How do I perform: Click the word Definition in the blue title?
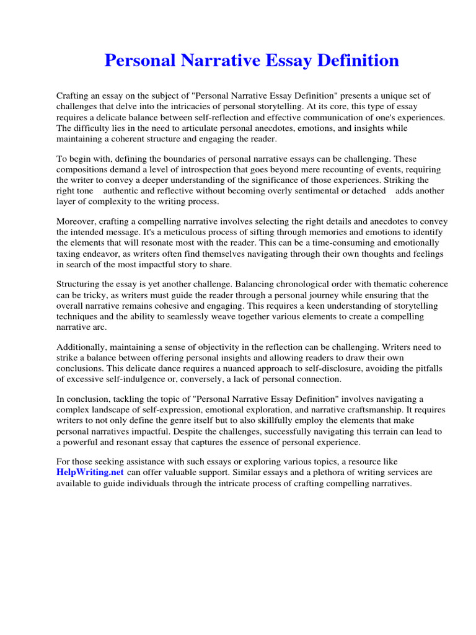coord(359,61)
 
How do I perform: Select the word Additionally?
coord(83,347)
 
